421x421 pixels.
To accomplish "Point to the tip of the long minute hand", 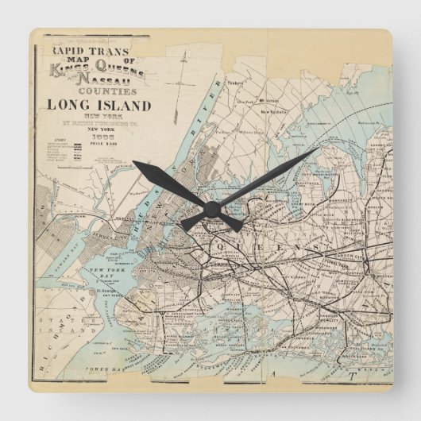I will [318, 149].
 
